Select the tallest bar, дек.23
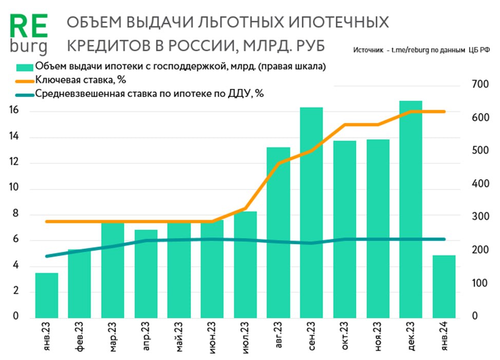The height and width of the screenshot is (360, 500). coord(411,209)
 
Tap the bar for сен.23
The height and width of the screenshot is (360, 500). coord(312,212)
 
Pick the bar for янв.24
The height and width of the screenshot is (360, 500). coord(445,286)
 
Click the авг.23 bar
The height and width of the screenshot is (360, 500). coord(278,232)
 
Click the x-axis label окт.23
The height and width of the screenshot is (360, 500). coord(344,336)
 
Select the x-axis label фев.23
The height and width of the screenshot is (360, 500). coord(79,336)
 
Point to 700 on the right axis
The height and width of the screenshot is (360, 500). coord(480,84)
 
